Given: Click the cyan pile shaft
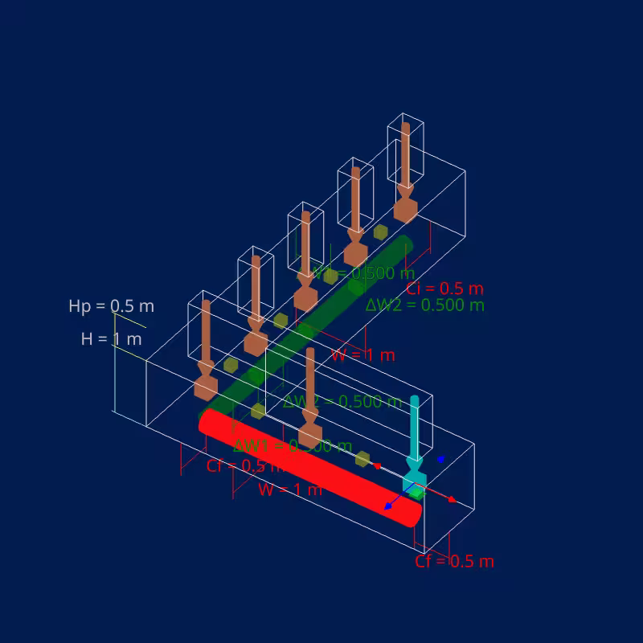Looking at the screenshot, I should pyautogui.click(x=415, y=426).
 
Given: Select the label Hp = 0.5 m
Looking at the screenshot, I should pyautogui.click(x=111, y=306).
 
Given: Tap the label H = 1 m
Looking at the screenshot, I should pyautogui.click(x=111, y=339).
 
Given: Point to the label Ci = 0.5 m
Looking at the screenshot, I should pyautogui.click(x=444, y=289).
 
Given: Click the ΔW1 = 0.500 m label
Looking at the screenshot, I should pyautogui.click(x=292, y=446).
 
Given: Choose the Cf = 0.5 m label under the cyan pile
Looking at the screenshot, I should pyautogui.click(x=454, y=561).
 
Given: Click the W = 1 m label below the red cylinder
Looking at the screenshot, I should pyautogui.click(x=289, y=489).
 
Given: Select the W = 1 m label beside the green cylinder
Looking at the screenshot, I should pyautogui.click(x=363, y=354).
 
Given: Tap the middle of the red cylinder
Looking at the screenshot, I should pyautogui.click(x=310, y=467).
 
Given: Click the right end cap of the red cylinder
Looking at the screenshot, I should pyautogui.click(x=414, y=514).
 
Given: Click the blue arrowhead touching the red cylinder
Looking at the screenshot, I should pyautogui.click(x=388, y=506).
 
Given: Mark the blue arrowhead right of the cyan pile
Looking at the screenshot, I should pyautogui.click(x=440, y=459).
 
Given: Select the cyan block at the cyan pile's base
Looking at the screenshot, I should pyautogui.click(x=414, y=482).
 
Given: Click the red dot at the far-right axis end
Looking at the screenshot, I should pyautogui.click(x=452, y=500).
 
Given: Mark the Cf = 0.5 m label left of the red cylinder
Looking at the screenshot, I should pyautogui.click(x=244, y=466).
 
